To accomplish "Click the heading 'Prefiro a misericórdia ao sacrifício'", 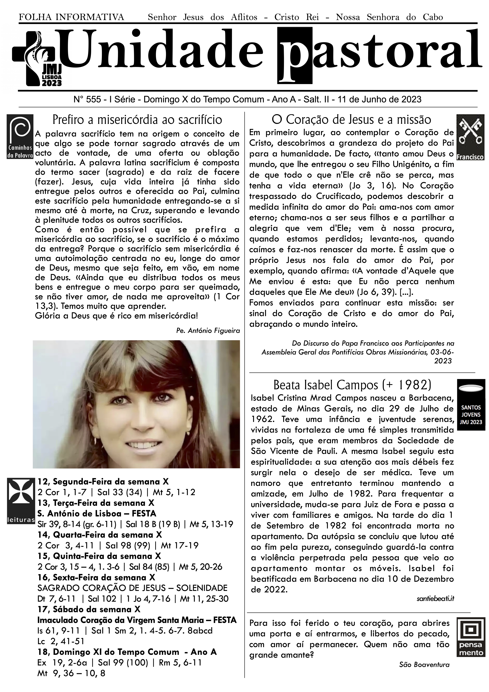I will [x=137, y=120].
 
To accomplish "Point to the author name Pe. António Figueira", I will [x=208, y=331].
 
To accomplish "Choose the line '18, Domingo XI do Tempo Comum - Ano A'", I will [x=127, y=652].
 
